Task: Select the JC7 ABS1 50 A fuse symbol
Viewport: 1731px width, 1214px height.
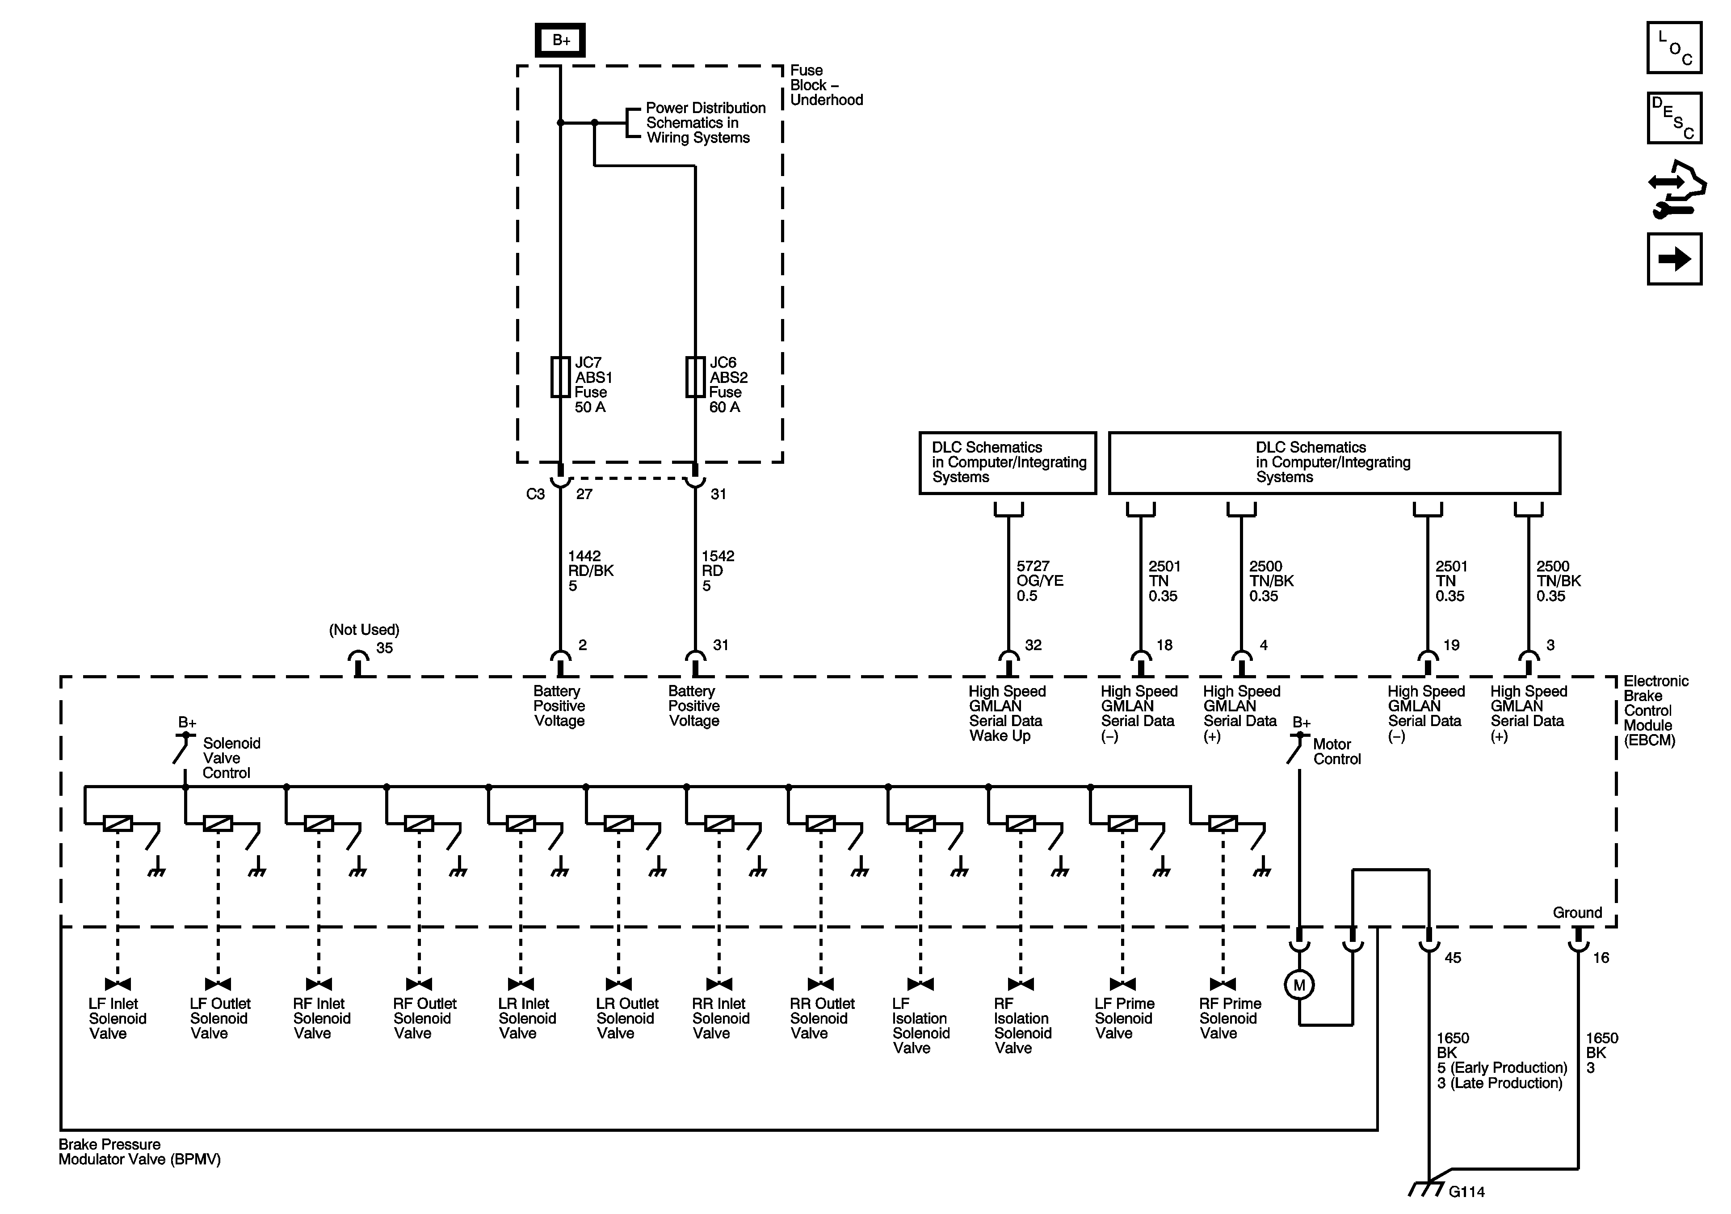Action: [560, 377]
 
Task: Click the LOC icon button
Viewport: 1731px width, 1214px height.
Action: [1674, 47]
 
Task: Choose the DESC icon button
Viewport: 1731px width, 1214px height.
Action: [1674, 118]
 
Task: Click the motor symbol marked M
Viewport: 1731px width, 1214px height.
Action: [1299, 985]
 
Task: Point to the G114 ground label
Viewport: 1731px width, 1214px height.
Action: [1466, 1191]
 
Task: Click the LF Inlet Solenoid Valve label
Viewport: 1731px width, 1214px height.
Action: [117, 1019]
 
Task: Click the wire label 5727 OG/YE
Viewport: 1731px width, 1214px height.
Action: [1039, 580]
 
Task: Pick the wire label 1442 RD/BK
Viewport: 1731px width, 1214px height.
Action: [590, 571]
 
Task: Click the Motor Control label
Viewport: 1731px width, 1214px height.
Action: [1337, 752]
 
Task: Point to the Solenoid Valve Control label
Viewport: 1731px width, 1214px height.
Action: [230, 758]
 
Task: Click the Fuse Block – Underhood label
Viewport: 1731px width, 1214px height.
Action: [826, 85]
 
